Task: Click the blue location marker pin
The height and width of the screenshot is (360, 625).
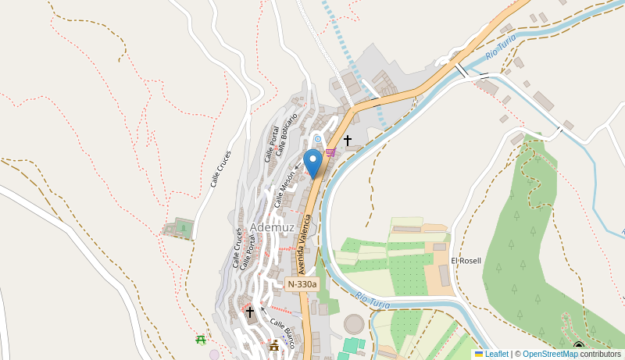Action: (313, 162)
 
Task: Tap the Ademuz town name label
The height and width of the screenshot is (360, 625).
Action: (272, 227)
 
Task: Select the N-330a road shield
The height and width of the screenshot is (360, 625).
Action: (302, 284)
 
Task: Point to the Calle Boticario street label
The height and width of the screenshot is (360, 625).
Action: (287, 133)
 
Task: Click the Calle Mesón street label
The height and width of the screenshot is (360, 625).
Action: (284, 188)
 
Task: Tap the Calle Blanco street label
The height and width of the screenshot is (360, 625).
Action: (282, 332)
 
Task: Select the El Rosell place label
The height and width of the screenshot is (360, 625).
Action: (466, 260)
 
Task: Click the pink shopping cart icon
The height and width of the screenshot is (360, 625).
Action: (330, 152)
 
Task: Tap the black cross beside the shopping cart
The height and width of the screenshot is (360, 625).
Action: (348, 141)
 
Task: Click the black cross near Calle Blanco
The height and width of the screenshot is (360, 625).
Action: (250, 312)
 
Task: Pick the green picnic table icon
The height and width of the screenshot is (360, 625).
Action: (201, 339)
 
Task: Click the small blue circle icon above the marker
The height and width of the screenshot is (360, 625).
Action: (317, 139)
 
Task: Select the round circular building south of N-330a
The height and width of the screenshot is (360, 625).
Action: (355, 323)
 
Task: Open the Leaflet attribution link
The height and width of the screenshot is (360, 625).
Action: (496, 354)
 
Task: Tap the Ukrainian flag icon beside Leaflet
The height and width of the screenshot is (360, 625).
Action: (479, 354)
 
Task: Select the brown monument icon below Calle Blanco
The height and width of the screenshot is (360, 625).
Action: (273, 346)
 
